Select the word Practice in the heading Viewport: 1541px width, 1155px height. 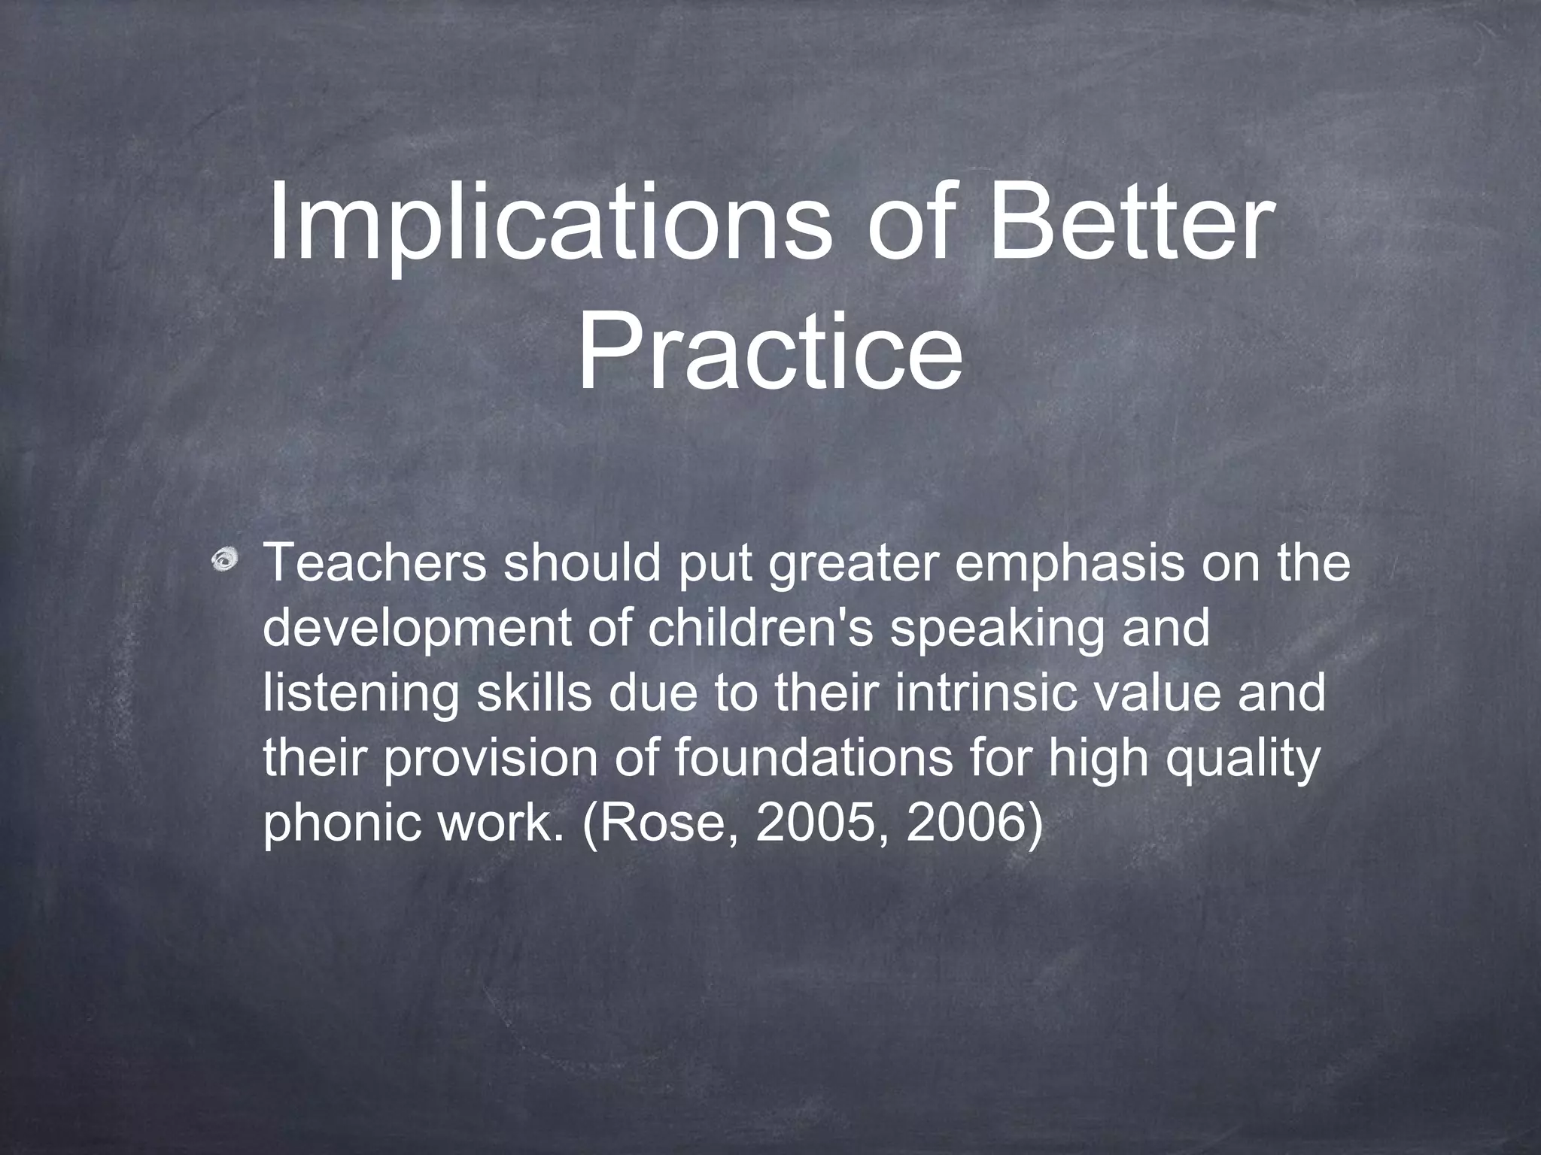[x=769, y=352]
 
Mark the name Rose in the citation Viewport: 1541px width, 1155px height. [x=665, y=823]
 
